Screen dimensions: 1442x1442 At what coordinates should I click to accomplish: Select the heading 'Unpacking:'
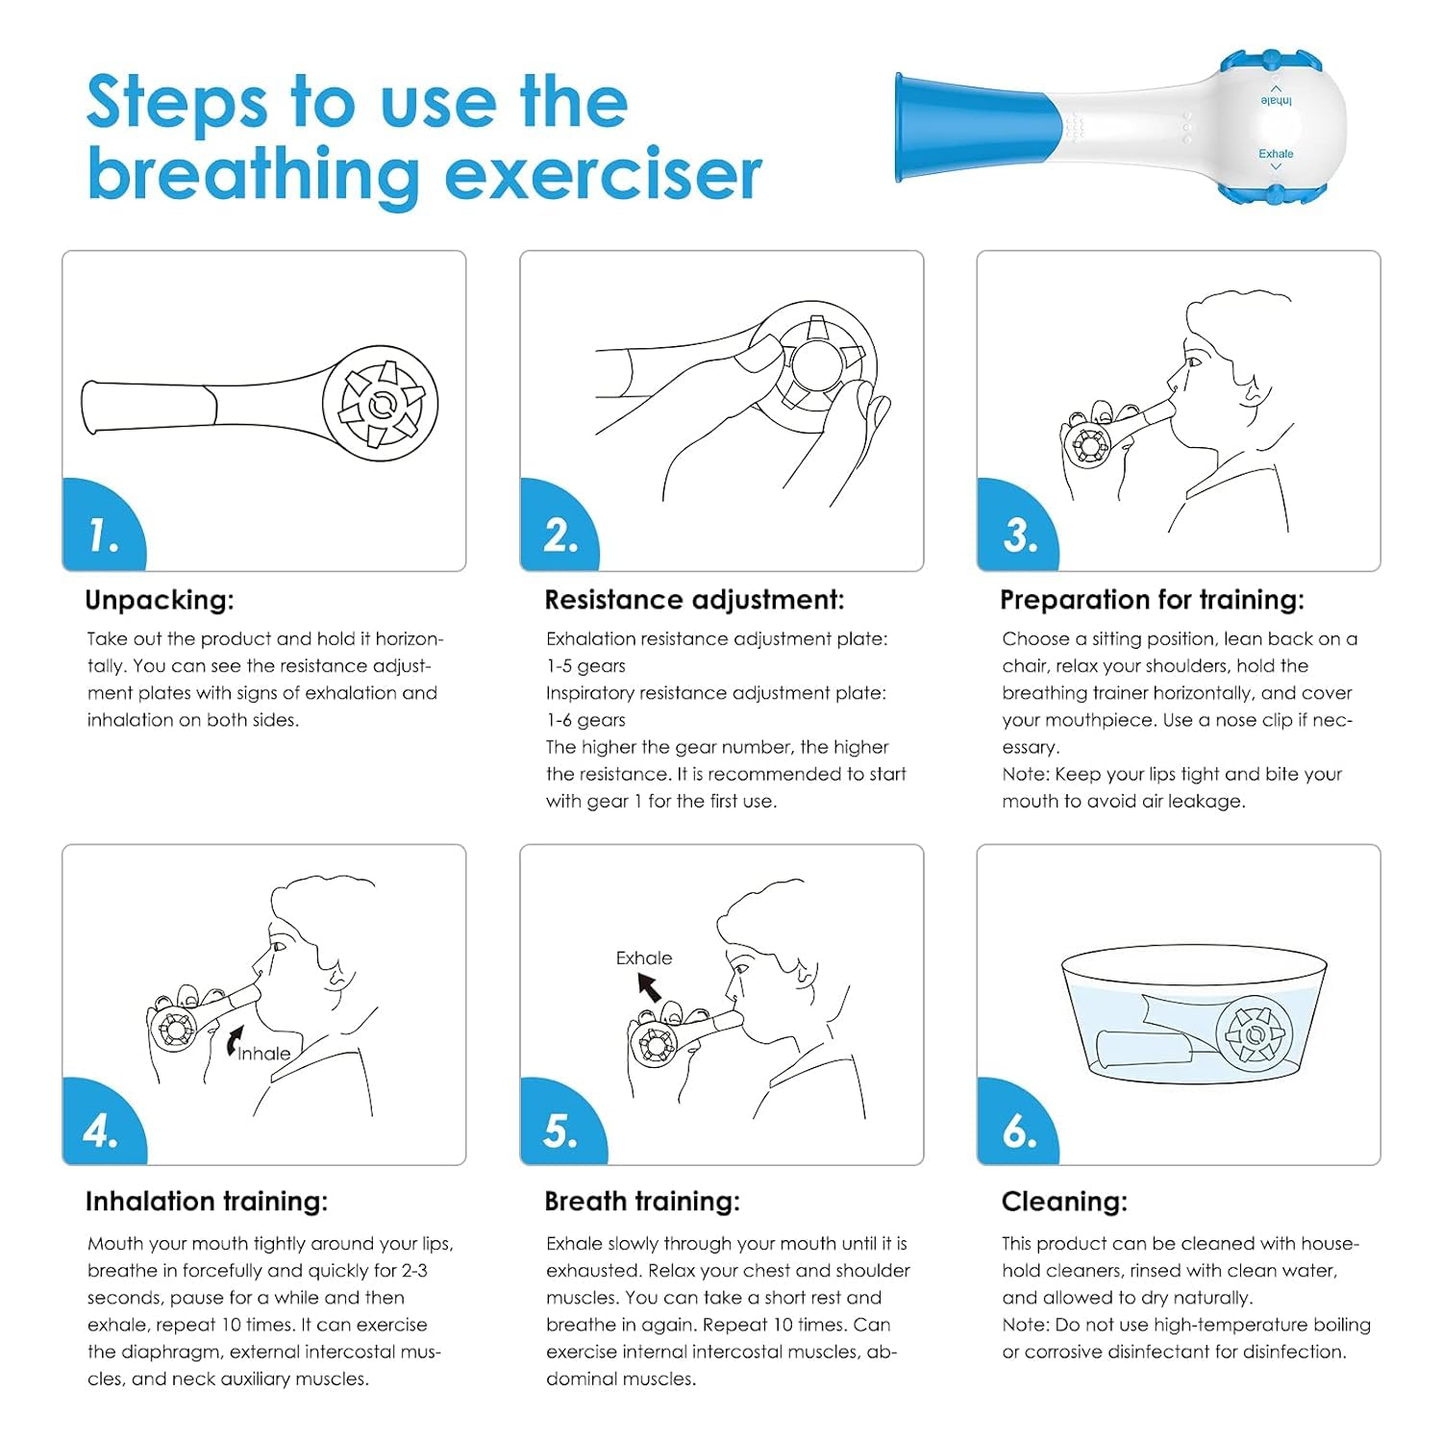[x=160, y=600]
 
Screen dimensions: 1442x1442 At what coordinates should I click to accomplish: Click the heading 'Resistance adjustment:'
[x=694, y=600]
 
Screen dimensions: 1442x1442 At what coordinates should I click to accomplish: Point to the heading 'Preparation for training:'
[x=1152, y=600]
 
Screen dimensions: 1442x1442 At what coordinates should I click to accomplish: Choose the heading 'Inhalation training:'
[x=207, y=1202]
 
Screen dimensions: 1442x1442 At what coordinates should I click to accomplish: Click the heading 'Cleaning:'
[x=1064, y=1202]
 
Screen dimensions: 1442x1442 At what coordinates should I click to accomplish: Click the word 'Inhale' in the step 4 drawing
[x=264, y=1054]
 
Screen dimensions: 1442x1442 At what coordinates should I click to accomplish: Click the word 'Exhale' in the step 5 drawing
[x=644, y=958]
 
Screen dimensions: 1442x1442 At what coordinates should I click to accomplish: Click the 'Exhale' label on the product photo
[x=1276, y=154]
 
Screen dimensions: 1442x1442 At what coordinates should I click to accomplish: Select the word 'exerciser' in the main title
[x=603, y=175]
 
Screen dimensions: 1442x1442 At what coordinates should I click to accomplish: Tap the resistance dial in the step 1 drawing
[x=380, y=403]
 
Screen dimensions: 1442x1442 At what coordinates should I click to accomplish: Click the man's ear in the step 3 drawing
[x=1253, y=387]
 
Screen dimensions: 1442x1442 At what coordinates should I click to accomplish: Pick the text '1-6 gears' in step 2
[x=585, y=720]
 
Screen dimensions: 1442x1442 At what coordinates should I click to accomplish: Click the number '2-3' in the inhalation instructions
[x=414, y=1271]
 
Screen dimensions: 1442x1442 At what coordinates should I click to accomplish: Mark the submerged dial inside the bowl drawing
[x=1255, y=1034]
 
